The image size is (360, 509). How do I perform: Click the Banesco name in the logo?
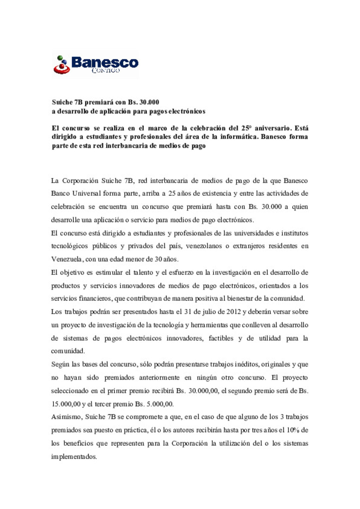tap(105, 62)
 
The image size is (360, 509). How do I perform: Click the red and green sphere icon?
tap(62, 65)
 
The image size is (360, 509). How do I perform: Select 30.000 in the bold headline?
tap(149, 102)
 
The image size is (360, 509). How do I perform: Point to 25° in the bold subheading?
tap(246, 128)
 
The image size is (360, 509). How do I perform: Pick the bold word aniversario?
tap(273, 128)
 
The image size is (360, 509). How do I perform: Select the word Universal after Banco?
tap(86, 194)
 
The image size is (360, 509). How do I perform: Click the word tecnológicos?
tap(69, 246)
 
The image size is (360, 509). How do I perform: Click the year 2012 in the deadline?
tap(233, 312)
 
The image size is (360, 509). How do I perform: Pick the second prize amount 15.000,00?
tap(66, 404)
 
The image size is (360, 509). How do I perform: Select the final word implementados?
tap(74, 457)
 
